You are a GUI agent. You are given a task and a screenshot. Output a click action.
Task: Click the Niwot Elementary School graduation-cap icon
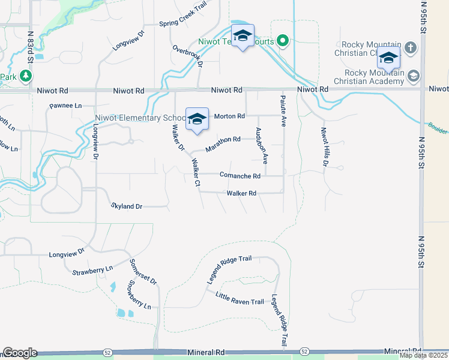click(197, 119)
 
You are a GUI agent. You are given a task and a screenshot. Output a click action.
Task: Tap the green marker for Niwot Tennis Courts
click(282, 41)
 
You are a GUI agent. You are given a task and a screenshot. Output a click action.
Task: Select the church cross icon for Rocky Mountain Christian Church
click(411, 47)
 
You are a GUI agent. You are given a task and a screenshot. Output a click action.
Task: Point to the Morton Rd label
click(229, 116)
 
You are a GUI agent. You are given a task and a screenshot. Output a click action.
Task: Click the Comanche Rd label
click(240, 176)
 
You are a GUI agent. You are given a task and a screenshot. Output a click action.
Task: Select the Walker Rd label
click(241, 193)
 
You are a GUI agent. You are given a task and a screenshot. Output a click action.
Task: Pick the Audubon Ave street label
click(261, 145)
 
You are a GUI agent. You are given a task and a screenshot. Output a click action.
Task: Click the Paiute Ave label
click(283, 110)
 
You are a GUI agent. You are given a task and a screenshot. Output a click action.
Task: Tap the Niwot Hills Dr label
click(325, 147)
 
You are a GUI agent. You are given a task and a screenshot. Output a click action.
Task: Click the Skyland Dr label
click(126, 206)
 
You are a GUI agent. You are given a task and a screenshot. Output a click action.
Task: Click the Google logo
click(20, 353)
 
